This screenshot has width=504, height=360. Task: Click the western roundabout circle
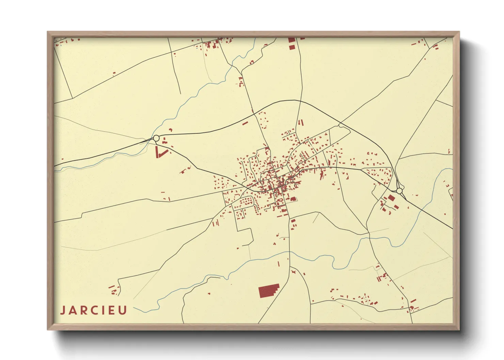156,138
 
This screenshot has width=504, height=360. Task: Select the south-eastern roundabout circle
399,191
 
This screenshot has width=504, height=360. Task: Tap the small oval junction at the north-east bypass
341,126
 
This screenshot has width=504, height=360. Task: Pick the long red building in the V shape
158,152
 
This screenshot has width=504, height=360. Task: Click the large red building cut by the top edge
291,40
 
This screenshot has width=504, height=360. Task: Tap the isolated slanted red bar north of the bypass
245,123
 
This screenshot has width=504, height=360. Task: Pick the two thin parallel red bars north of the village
300,122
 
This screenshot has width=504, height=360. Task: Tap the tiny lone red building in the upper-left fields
114,73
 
